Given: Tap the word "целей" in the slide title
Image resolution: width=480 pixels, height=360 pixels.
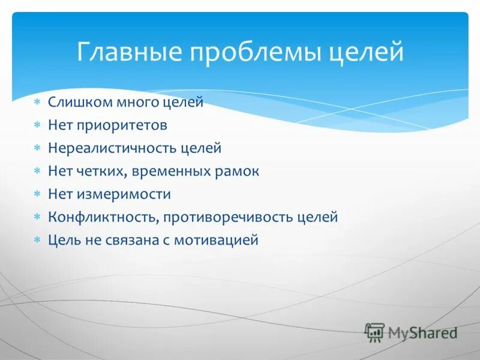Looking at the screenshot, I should [367, 53].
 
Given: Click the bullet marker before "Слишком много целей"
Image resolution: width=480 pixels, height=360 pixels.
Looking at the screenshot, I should [37, 103].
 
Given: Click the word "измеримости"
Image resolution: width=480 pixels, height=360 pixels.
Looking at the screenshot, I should [123, 194].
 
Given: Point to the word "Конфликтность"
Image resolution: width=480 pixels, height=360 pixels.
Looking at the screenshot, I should [103, 217].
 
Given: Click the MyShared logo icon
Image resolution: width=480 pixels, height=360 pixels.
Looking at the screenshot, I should [375, 332].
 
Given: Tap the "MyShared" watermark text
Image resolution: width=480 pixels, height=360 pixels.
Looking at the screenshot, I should [422, 332].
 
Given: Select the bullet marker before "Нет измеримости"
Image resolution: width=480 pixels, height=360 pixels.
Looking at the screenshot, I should [37, 194].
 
